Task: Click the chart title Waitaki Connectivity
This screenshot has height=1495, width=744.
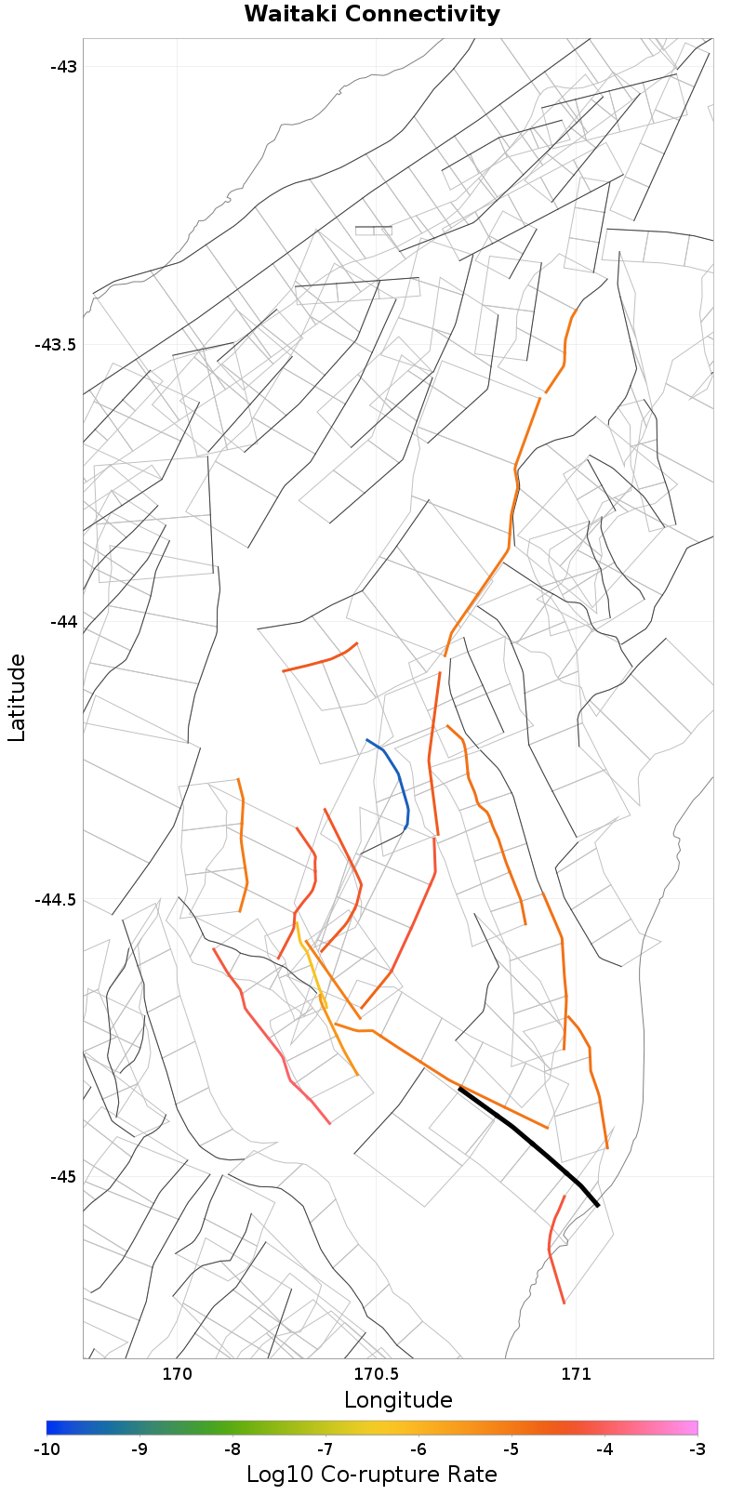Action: pos(372,15)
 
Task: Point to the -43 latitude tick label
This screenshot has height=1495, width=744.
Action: pos(64,67)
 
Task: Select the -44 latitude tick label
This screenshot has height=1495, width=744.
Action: pos(64,621)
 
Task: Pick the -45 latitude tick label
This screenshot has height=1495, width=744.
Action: pos(64,1176)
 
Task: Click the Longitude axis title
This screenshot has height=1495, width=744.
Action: pos(398,1400)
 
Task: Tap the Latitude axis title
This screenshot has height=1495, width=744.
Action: pos(17,697)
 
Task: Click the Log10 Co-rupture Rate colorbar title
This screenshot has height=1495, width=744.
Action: pos(372,1475)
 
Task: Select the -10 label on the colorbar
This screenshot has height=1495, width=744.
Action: pos(46,1449)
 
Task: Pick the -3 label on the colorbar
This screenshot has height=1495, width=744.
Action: pos(697,1449)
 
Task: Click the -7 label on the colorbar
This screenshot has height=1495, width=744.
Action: pos(325,1449)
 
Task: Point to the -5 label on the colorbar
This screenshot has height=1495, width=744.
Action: pos(511,1449)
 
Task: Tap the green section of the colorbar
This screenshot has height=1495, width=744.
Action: pos(232,1428)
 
